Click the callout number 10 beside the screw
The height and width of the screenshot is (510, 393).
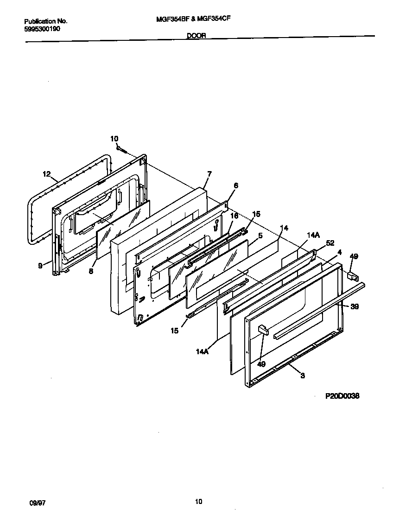pyautogui.click(x=114, y=139)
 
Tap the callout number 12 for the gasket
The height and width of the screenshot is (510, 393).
pyautogui.click(x=46, y=174)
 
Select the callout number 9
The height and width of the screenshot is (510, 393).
pyautogui.click(x=40, y=266)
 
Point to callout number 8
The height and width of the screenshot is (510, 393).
pyautogui.click(x=91, y=271)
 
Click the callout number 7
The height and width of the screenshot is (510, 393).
pyautogui.click(x=209, y=174)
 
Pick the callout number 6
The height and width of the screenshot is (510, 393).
pyautogui.click(x=236, y=185)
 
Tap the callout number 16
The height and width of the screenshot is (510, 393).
pyautogui.click(x=234, y=216)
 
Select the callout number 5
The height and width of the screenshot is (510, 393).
pyautogui.click(x=260, y=236)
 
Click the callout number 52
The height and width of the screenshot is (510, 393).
pyautogui.click(x=330, y=242)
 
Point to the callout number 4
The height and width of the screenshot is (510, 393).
pyautogui.click(x=340, y=252)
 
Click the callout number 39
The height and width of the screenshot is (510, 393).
pyautogui.click(x=355, y=306)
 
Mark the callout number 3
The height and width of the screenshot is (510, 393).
pyautogui.click(x=302, y=376)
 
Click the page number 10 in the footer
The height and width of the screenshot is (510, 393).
pyautogui.click(x=198, y=501)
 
